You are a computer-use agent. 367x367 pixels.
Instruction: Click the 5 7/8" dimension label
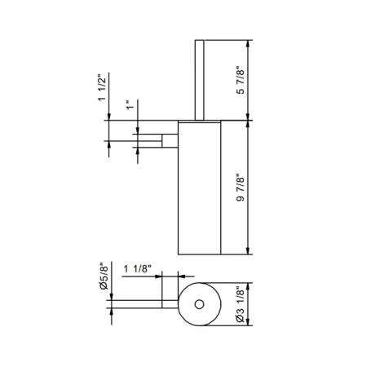pos(241,80)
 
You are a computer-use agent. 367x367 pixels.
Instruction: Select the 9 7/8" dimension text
pos(241,187)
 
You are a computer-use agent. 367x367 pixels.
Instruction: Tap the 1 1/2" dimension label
pos(103,87)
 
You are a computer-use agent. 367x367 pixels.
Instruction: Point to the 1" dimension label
pos(130,105)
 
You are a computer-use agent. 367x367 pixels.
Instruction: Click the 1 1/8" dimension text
pos(137,269)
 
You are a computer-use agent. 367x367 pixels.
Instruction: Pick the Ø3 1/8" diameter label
pos(241,304)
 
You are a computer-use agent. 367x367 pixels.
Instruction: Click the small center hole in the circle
pos(199,304)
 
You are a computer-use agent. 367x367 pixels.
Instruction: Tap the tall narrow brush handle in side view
pos(200,80)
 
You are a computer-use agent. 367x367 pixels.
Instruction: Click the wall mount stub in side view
pos(170,141)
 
